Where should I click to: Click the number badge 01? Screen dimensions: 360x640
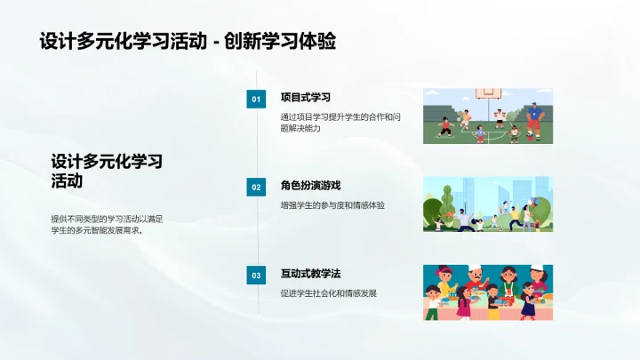coord(256,100)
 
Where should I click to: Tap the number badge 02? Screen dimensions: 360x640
coord(256,188)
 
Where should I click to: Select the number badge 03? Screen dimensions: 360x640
coord(256,276)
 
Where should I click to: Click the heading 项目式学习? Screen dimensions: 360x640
coord(305,97)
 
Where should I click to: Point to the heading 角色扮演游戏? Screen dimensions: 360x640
coord(310,185)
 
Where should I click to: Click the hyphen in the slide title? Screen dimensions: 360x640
coord(217,43)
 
